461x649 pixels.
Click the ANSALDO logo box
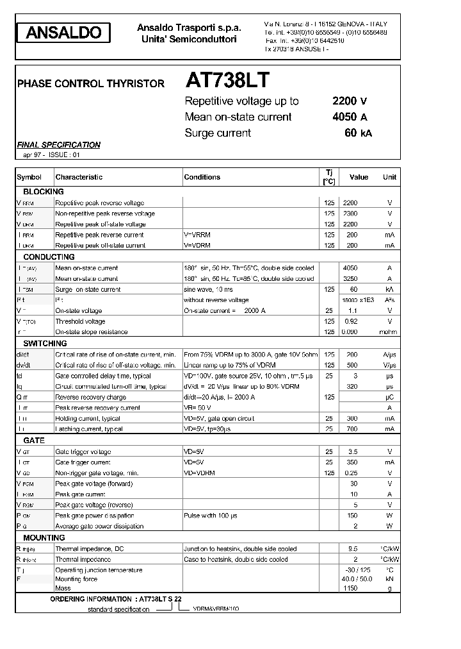click(63, 33)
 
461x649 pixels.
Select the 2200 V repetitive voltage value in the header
click(349, 101)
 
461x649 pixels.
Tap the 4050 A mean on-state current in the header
click(349, 117)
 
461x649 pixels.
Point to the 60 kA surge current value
click(357, 133)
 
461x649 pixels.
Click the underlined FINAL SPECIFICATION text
click(58, 145)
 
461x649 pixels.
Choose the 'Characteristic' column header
click(79, 177)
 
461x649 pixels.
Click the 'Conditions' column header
click(202, 177)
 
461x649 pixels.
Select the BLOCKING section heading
click(44, 192)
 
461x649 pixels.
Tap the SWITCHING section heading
click(45, 344)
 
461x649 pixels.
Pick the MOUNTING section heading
click(44, 537)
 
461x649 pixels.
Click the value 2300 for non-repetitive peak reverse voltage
click(350, 214)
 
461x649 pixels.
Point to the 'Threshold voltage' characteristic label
click(80, 321)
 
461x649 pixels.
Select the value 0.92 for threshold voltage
click(350, 321)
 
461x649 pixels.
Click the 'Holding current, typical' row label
click(88, 418)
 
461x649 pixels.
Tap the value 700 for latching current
click(350, 428)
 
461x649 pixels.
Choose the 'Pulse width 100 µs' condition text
click(210, 516)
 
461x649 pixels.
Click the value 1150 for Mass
click(350, 588)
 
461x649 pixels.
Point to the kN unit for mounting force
click(389, 579)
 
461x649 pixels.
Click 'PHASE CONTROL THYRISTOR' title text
click(90, 83)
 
